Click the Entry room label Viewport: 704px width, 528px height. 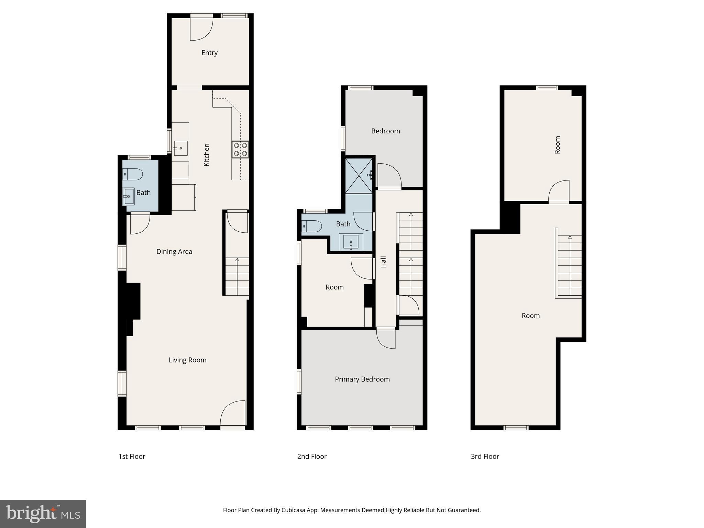[x=209, y=53]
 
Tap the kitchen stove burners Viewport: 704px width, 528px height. [x=240, y=150]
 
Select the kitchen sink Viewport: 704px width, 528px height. [x=180, y=148]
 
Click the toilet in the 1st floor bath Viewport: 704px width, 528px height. [x=133, y=175]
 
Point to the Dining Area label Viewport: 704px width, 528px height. [x=174, y=252]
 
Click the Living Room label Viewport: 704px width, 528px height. [x=187, y=360]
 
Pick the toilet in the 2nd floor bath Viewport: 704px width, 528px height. [x=311, y=226]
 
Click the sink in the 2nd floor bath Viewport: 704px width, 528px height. [x=351, y=242]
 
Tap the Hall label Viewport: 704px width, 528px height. [x=383, y=262]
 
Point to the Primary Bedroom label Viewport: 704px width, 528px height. [x=362, y=379]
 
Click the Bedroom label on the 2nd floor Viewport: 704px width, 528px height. [x=385, y=131]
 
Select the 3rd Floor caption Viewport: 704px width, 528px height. [x=485, y=456]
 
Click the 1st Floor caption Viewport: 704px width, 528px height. [x=132, y=456]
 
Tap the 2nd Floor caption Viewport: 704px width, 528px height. [x=312, y=456]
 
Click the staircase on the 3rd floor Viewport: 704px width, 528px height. [x=569, y=265]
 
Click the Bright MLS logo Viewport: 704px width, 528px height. [x=43, y=514]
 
